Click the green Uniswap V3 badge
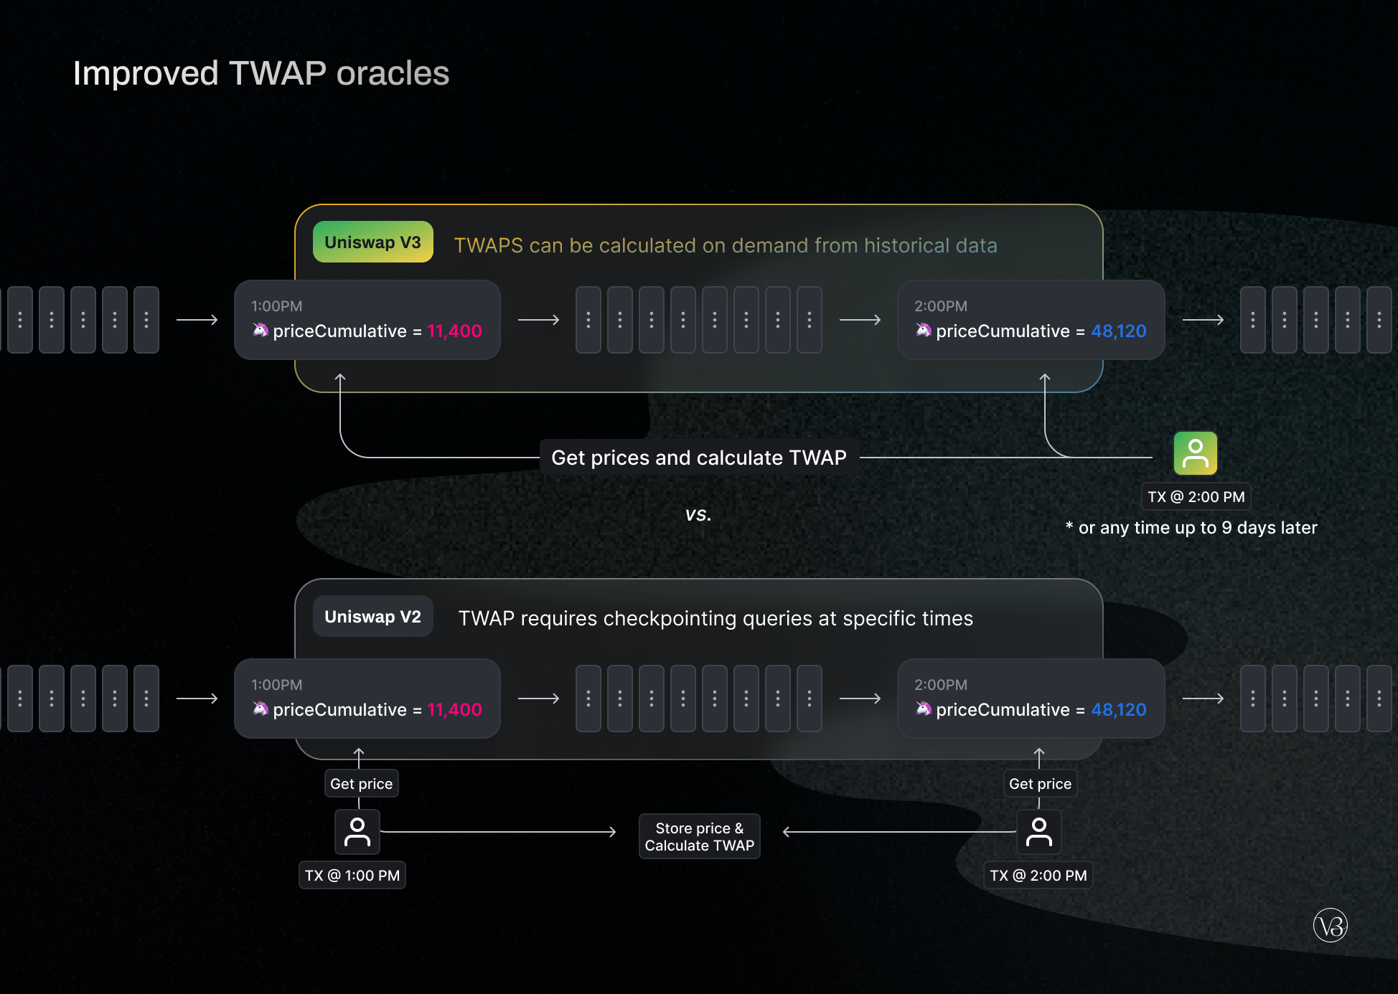[x=372, y=242]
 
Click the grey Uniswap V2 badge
[x=372, y=617]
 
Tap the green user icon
[x=1195, y=453]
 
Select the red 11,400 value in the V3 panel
[x=454, y=331]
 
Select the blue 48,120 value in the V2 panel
[x=1118, y=710]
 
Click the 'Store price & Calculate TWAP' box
[x=699, y=837]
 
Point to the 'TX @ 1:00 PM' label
[x=352, y=876]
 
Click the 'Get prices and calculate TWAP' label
[x=698, y=458]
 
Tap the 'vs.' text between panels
[x=698, y=514]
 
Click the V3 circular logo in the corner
[x=1330, y=926]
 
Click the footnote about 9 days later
[x=1191, y=528]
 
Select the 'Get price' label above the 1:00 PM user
[x=361, y=784]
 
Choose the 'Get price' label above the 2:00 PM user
[x=1039, y=784]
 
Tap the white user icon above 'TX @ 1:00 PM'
[x=357, y=832]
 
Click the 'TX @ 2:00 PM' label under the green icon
[x=1196, y=497]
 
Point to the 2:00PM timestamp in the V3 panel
[x=940, y=306]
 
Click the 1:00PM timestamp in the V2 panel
[x=276, y=685]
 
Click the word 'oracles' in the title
[x=393, y=73]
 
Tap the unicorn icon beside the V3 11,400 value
[x=260, y=330]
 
